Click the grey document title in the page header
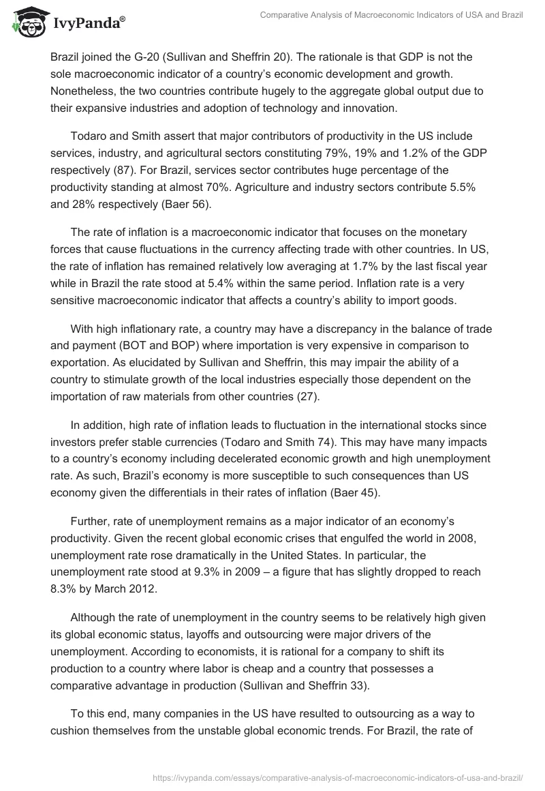pos(391,15)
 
